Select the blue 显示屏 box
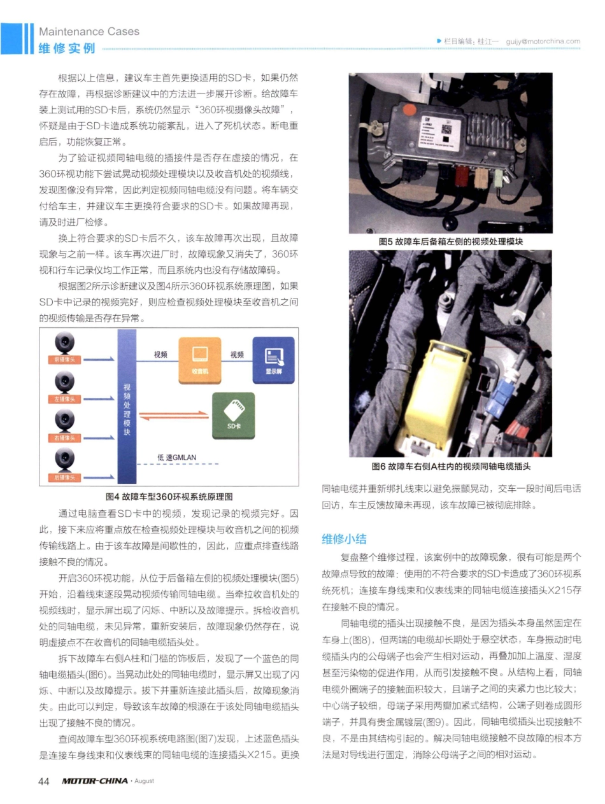274,360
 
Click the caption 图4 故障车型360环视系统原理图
169,497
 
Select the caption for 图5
450,241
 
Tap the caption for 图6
450,466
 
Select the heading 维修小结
345,539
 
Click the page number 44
44,780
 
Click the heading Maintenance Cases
89,31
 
